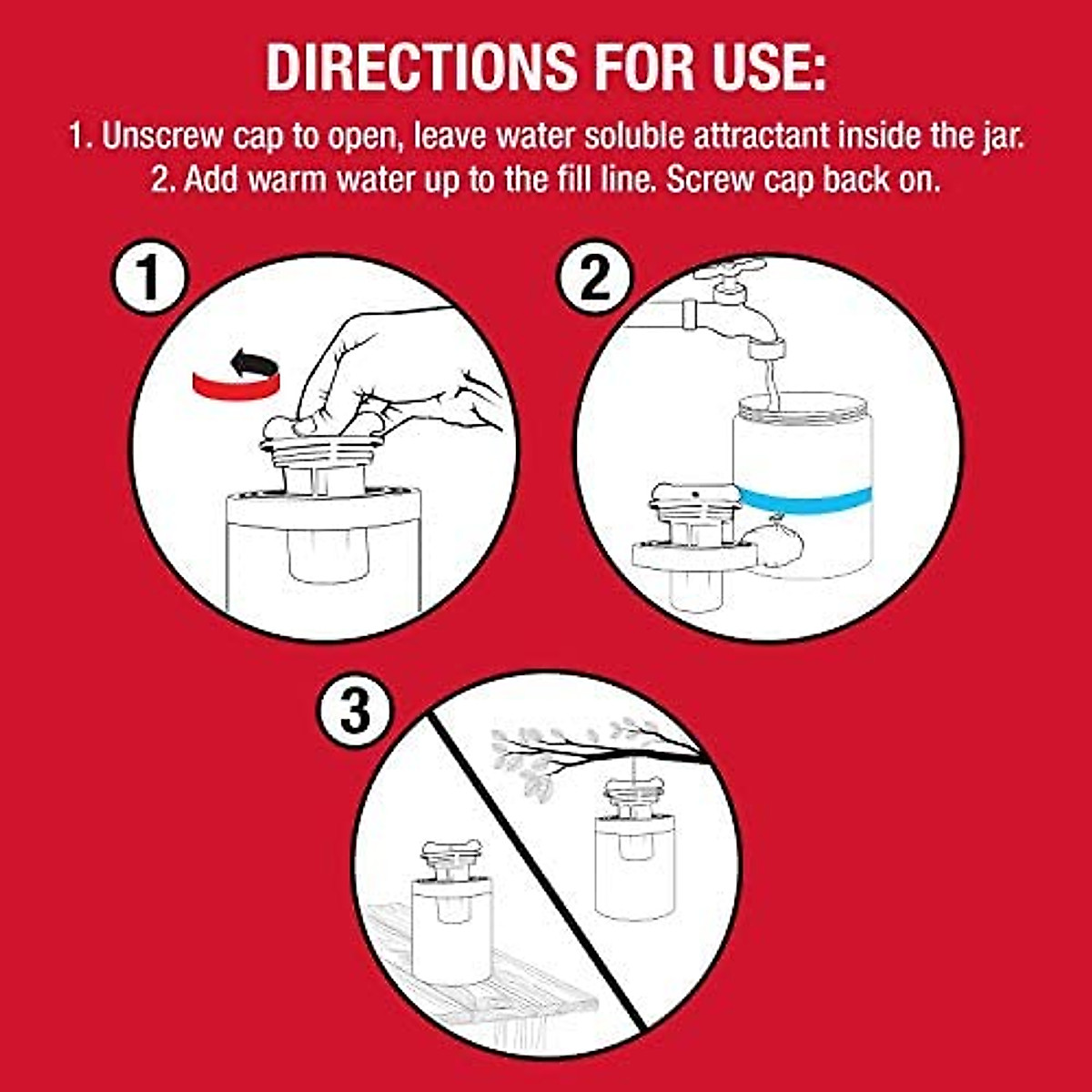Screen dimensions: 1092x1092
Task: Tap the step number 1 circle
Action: click(148, 278)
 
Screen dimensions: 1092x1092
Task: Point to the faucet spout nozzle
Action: click(766, 350)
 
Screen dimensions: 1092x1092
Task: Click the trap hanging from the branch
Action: click(635, 846)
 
